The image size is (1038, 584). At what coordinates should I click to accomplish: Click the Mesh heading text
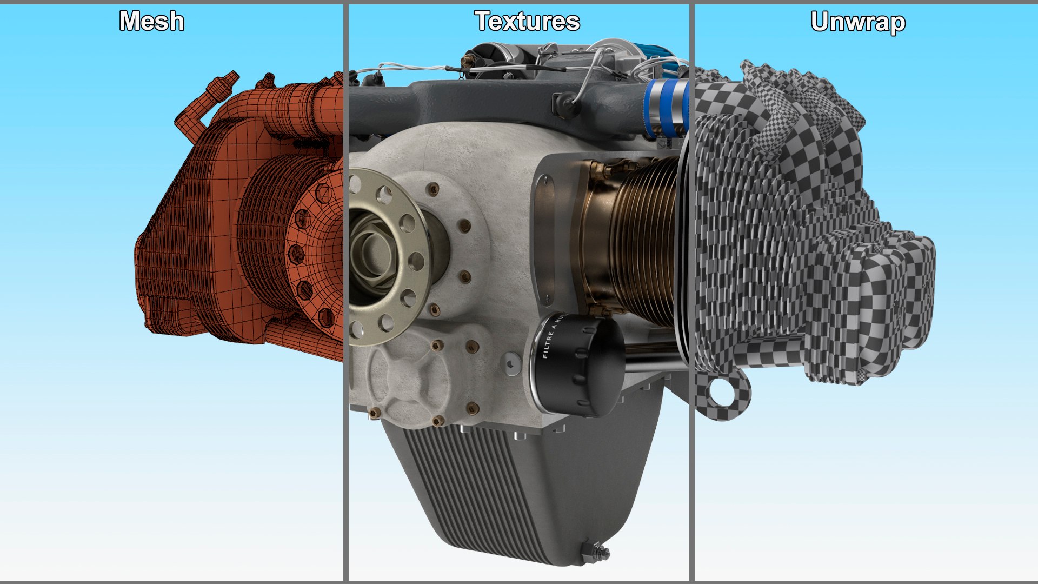pos(152,22)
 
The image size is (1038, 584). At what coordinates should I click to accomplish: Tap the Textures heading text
pos(527,22)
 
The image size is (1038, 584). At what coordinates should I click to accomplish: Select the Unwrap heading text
pos(858,23)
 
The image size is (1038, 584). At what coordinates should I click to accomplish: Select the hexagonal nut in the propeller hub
pos(373,254)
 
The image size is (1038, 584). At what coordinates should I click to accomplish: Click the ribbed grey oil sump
pos(519,487)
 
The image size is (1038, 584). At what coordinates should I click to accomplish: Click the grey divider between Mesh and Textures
pos(345,292)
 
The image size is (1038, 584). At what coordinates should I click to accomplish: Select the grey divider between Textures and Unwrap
pos(691,292)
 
